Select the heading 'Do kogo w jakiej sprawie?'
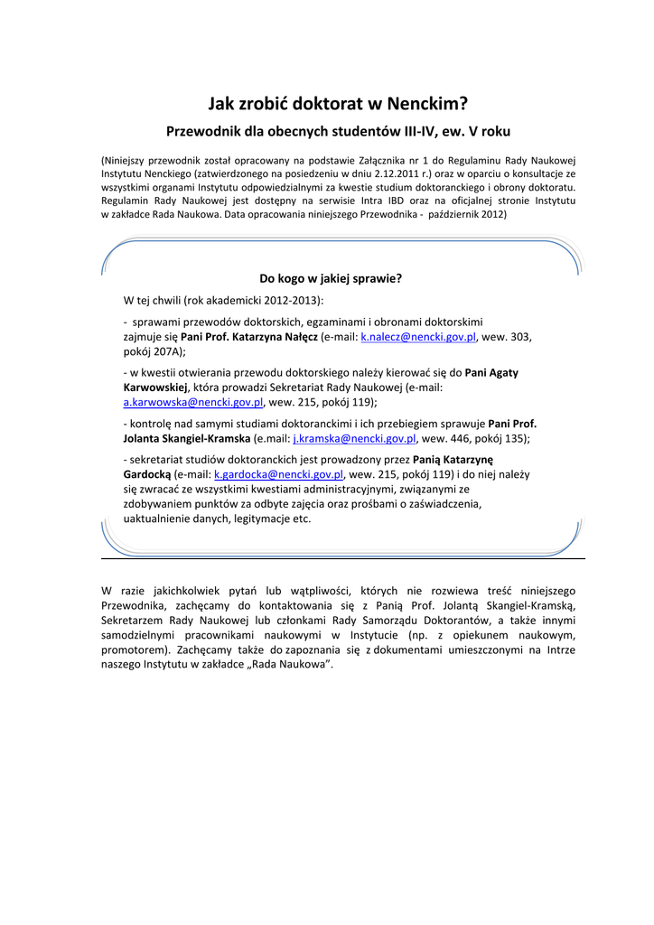(x=331, y=278)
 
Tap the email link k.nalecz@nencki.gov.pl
(x=418, y=336)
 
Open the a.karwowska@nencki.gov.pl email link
(x=193, y=402)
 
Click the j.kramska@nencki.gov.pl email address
(x=354, y=438)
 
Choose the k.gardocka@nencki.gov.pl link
(x=279, y=472)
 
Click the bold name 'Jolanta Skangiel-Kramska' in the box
(x=187, y=438)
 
